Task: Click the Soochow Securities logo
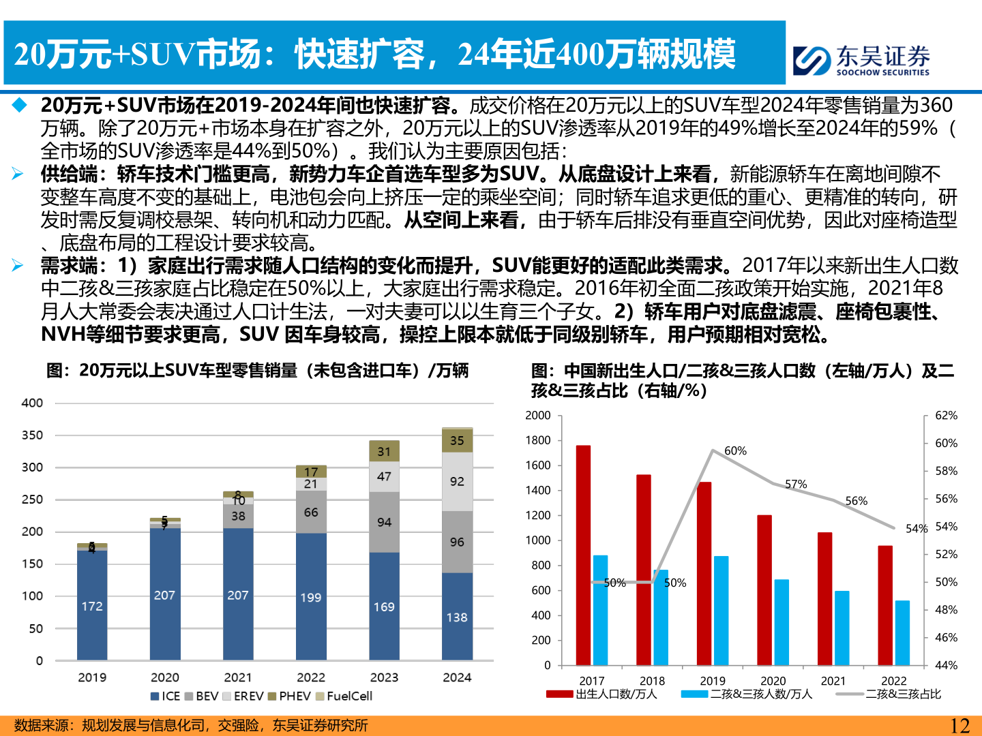point(861,60)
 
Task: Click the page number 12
point(959,726)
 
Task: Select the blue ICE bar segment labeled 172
point(92,605)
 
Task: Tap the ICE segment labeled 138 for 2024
point(457,616)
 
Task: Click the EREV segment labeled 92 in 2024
point(457,481)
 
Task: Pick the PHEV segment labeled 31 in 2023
point(384,451)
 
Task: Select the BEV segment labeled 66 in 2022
point(311,512)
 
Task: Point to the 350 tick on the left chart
point(32,435)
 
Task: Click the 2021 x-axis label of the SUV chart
point(238,677)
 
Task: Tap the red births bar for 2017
point(583,555)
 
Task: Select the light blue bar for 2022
point(902,632)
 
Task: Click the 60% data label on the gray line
point(735,450)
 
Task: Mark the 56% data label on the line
point(856,501)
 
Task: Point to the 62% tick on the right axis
point(946,415)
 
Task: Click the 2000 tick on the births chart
point(538,415)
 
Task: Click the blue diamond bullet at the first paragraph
point(19,105)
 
